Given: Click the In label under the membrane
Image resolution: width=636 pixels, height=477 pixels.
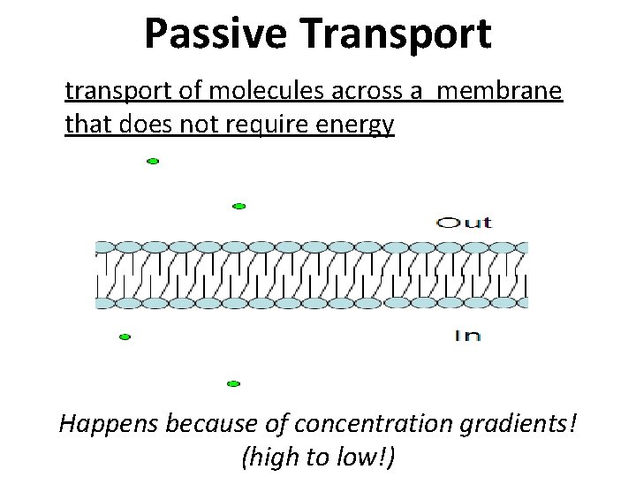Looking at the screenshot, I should coord(467,335).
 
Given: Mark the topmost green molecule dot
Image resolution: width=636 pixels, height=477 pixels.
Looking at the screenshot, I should coord(152,162).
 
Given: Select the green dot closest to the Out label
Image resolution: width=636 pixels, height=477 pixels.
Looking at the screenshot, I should coord(238,206).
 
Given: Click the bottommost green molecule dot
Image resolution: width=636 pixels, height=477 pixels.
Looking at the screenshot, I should coord(233,383).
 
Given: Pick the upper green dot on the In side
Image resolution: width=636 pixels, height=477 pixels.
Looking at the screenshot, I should coord(125,337).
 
